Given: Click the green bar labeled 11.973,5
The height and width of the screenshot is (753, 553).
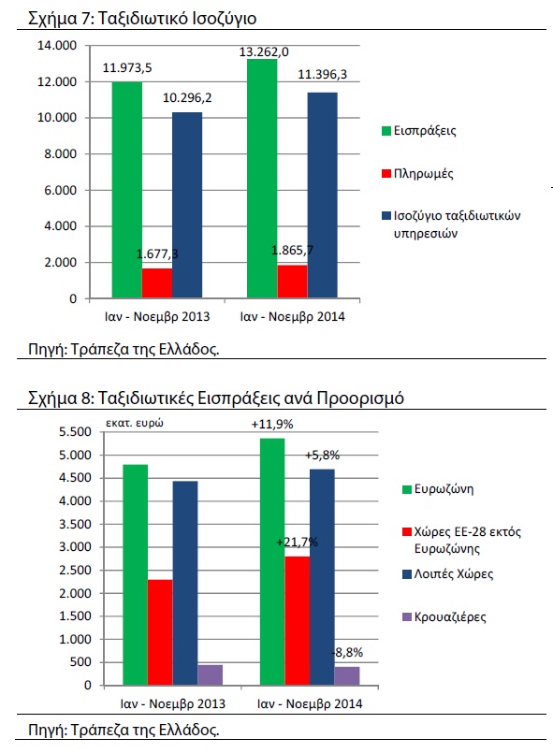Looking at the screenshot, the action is coord(127,190).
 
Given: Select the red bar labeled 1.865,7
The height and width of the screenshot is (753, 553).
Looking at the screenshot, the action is coord(292,282).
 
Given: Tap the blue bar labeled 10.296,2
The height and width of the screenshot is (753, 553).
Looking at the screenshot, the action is coord(187,205).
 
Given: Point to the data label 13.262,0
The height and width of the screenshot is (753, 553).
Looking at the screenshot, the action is coord(264,51).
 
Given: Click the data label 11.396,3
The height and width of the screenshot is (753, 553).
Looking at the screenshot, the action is coord(323,75).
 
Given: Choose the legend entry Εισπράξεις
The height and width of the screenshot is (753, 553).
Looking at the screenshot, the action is coord(419,131).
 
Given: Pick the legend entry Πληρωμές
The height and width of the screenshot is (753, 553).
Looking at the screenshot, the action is coord(417,173).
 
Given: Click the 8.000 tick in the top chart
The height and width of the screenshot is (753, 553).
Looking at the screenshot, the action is coord(57,154).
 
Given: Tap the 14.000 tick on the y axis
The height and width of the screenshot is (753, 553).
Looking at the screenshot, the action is coord(57,46).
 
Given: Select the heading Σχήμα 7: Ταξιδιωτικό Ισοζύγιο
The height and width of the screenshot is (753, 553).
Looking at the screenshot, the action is coord(142,19).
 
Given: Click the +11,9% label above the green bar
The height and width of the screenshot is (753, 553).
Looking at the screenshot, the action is coord(272,424).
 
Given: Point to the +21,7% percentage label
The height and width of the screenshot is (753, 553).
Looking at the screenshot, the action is coord(297,543).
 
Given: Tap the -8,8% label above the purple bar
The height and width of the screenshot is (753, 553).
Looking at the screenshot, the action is coord(347,652).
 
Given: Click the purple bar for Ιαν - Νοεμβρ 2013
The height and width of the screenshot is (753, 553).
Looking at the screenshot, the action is coord(210,674).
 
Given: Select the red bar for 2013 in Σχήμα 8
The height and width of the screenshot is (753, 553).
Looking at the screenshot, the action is coord(160,632).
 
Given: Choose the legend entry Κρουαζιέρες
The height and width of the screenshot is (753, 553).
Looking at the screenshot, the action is coord(444,616).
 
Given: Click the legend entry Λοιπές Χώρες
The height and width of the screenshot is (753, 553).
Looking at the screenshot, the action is coord(448,574).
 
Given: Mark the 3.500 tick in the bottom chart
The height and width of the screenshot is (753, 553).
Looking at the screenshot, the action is coord(75,524).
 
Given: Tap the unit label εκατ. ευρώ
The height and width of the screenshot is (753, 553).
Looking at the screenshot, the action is coord(135,423).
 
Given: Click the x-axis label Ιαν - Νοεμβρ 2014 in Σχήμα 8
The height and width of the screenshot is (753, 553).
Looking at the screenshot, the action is coord(310,704).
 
